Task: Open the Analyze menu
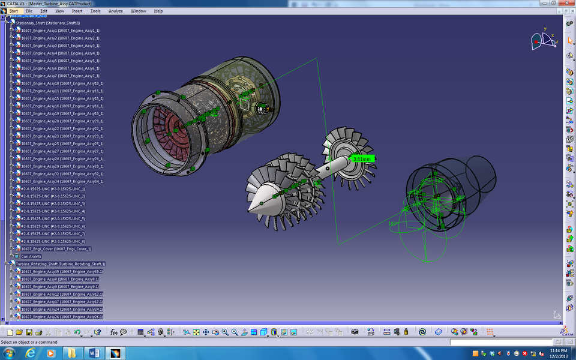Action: (x=115, y=11)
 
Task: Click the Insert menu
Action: (x=77, y=11)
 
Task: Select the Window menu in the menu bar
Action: (x=138, y=11)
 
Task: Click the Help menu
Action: (x=158, y=11)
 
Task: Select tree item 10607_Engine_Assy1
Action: (x=60, y=31)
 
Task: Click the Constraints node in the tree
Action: (x=31, y=256)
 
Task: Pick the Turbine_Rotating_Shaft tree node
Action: (x=60, y=264)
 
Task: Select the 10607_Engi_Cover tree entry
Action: (x=56, y=248)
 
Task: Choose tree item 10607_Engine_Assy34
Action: (x=62, y=181)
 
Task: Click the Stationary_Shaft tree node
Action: (x=47, y=23)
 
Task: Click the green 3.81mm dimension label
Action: (x=363, y=159)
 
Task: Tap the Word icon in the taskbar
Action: (x=94, y=353)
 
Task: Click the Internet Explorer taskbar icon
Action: (x=31, y=353)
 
